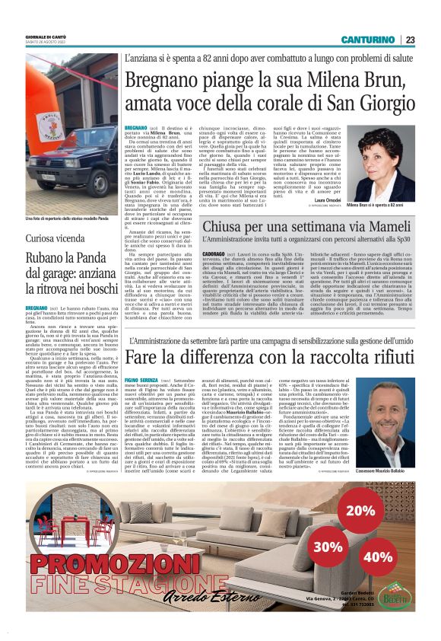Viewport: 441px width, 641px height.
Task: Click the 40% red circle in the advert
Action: point(378,556)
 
